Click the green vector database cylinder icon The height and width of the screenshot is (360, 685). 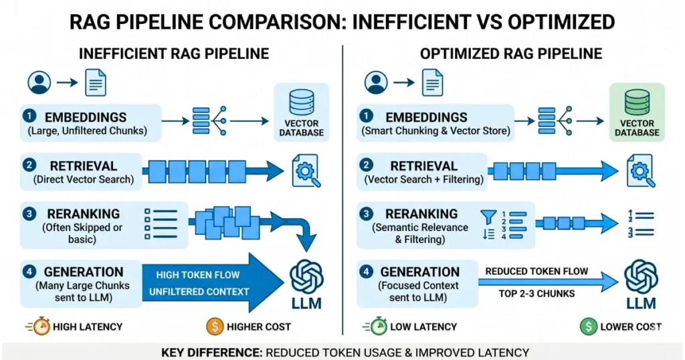(x=637, y=103)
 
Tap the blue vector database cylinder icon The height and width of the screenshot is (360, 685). (x=302, y=103)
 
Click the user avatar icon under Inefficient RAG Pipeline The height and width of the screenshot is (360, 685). (x=39, y=82)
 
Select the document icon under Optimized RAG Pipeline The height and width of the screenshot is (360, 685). (x=431, y=82)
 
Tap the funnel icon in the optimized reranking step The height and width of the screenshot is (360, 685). (x=487, y=216)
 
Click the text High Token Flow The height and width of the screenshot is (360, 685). (x=197, y=274)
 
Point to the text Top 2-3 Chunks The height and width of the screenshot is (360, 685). (x=536, y=294)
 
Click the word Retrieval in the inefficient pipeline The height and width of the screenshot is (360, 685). (x=84, y=165)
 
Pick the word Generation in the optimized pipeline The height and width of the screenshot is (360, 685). (x=420, y=272)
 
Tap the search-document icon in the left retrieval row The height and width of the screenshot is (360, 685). (x=305, y=170)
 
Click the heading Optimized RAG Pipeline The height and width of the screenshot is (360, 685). (x=510, y=54)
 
